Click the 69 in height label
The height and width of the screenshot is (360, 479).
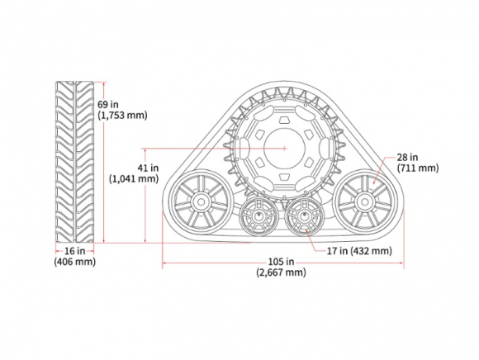[x=108, y=104]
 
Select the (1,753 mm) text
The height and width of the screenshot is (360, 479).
[x=122, y=116]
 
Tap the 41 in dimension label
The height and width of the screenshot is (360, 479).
[x=148, y=168]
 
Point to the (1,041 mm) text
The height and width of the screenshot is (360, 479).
[x=134, y=178]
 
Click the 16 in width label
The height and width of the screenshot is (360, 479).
[x=74, y=251]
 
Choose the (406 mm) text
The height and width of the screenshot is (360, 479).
[x=75, y=262]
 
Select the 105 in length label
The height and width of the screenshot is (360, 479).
[x=281, y=262]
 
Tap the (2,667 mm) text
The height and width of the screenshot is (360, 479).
[x=281, y=272]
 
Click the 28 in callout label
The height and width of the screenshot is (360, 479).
[x=407, y=157]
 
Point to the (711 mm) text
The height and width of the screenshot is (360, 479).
[x=418, y=168]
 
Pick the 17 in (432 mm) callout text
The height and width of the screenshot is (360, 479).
[x=359, y=251]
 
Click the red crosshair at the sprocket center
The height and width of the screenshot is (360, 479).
[x=284, y=149]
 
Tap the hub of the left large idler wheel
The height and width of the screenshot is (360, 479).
[x=201, y=201]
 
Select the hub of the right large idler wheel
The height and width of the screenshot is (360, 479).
[x=364, y=201]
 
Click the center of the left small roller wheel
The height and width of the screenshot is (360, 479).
[x=259, y=216]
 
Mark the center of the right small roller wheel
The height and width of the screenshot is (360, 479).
[x=304, y=216]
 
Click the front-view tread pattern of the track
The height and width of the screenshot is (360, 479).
[x=75, y=162]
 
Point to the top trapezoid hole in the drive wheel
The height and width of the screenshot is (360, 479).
[x=284, y=120]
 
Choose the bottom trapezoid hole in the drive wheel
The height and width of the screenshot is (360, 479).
[x=284, y=177]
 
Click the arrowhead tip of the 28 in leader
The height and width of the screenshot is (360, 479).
[x=373, y=184]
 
